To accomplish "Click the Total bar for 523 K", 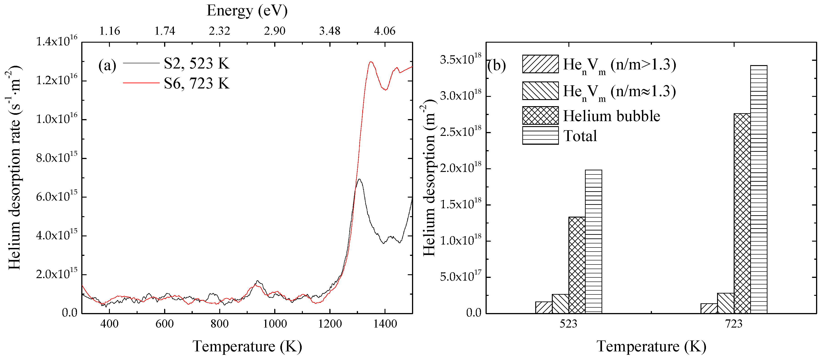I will pos(593,241).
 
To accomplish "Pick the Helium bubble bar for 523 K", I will pos(577,265).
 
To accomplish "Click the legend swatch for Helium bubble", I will pos(540,115).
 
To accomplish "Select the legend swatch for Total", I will pos(540,135).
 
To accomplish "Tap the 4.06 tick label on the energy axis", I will pos(385,31).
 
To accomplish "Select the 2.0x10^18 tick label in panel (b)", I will pos(460,168).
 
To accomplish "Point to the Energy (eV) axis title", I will pos(247,11).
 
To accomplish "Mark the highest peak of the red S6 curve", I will pos(371,62).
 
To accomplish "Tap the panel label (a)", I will pos(107,66).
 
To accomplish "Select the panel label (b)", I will pos(496,66).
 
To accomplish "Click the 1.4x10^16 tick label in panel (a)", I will pos(57,42).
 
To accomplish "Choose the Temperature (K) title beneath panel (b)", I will pos(651,346).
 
